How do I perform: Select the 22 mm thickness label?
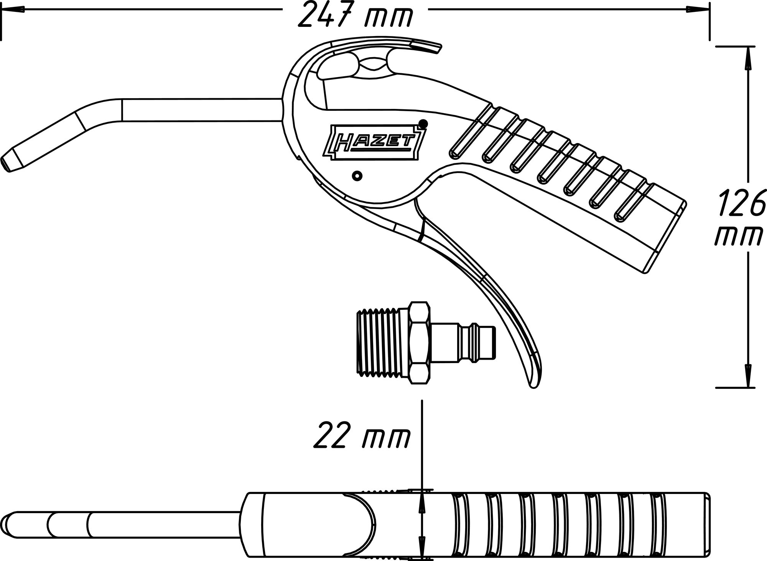pos(361,436)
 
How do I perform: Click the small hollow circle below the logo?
pos(357,176)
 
